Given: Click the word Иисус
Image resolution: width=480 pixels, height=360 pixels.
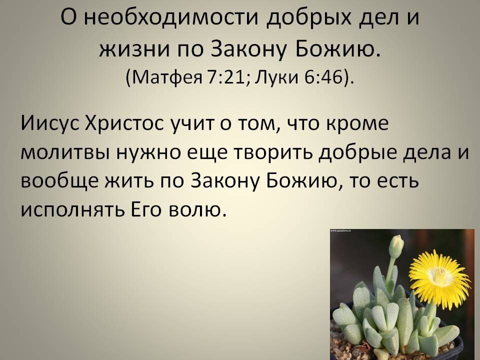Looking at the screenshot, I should (49, 123).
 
